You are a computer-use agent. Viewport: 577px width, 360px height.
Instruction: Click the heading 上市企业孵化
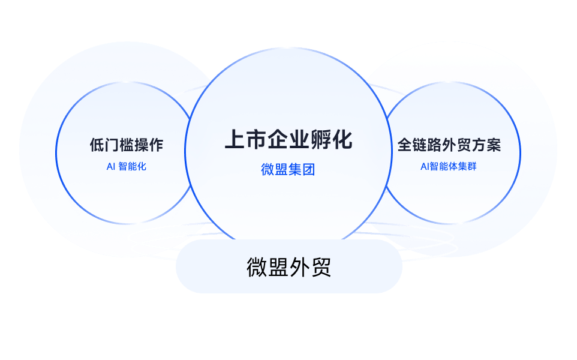click(x=288, y=140)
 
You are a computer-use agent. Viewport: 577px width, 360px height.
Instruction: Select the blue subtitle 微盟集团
click(x=288, y=170)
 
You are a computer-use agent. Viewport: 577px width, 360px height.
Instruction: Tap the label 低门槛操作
click(x=127, y=145)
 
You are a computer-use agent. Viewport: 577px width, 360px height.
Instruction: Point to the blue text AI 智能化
click(x=126, y=166)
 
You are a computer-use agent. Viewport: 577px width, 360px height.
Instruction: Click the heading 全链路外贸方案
click(x=449, y=145)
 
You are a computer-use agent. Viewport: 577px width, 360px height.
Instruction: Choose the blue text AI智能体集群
click(x=449, y=166)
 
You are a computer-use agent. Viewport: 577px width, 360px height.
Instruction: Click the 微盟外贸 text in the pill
click(x=289, y=267)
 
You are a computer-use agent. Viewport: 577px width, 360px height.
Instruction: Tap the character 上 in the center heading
click(x=235, y=140)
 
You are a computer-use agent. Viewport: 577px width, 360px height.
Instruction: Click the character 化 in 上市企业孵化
click(x=342, y=140)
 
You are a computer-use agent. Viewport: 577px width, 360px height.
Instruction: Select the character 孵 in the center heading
click(x=320, y=140)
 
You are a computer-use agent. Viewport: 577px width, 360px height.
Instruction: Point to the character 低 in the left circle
click(x=97, y=145)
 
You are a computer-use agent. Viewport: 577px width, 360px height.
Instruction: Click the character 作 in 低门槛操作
click(x=156, y=145)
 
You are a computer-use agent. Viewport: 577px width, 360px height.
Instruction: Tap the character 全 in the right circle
click(x=405, y=145)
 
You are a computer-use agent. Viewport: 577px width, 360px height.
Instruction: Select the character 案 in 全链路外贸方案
click(x=494, y=145)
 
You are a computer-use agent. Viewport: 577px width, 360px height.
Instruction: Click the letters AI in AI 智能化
click(x=111, y=167)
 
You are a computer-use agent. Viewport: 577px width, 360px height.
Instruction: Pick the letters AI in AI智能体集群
click(x=425, y=167)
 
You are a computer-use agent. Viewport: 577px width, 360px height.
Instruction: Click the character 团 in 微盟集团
click(x=309, y=170)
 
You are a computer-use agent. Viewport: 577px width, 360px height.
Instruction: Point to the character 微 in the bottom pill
click(x=257, y=267)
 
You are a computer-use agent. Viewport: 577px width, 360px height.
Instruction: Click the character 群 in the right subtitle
click(x=472, y=166)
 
